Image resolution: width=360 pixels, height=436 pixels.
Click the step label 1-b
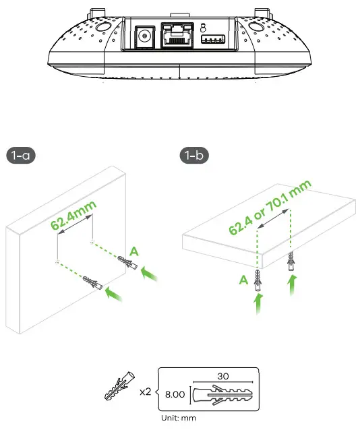coord(196,156)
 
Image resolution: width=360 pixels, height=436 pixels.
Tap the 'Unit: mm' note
coord(179,418)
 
